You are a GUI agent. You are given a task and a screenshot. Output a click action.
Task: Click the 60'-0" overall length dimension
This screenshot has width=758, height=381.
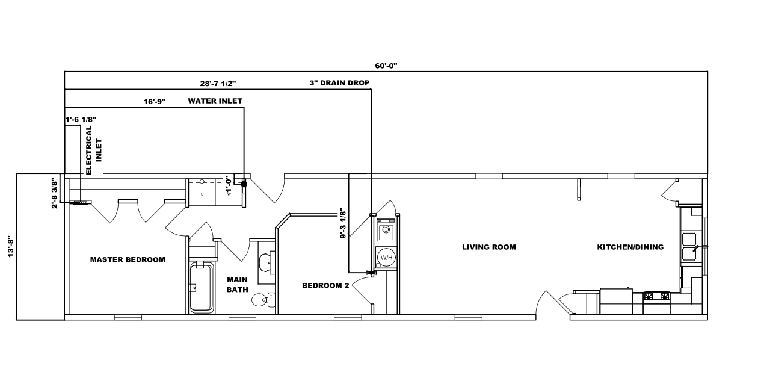click(386, 65)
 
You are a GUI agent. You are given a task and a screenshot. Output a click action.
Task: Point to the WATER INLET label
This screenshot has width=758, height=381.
click(215, 101)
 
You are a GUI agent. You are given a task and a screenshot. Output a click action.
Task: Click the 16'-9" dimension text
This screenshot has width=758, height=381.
click(155, 102)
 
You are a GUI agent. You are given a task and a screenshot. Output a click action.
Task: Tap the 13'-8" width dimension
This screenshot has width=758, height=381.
click(10, 247)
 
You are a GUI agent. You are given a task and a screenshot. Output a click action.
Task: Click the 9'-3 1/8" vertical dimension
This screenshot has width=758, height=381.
click(342, 224)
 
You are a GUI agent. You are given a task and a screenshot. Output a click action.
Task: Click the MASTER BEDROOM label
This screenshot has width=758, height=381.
click(128, 260)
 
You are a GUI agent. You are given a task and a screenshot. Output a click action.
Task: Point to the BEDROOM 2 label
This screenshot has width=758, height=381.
click(325, 286)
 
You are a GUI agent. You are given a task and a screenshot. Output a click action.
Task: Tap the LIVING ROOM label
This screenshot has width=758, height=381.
click(489, 247)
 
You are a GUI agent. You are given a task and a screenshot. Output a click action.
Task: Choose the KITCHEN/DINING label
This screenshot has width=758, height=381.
click(630, 247)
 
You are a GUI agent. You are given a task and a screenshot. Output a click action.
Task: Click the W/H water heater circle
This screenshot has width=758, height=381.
click(385, 258)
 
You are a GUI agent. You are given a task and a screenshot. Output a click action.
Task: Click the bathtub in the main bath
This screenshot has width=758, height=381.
click(201, 287)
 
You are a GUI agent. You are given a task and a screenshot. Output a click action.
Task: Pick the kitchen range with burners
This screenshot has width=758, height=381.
click(657, 296)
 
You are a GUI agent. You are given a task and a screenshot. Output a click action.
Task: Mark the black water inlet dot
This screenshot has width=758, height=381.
click(244, 184)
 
